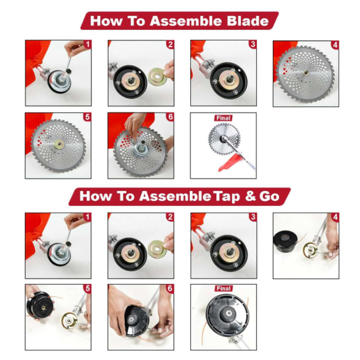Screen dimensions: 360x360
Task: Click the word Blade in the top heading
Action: click(248, 21)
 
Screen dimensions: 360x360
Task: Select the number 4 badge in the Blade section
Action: click(335, 45)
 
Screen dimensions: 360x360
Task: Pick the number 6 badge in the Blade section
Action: click(170, 117)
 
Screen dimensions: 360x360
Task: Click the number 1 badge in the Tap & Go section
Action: click(87, 217)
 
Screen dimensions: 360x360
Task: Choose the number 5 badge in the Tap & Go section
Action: click(87, 289)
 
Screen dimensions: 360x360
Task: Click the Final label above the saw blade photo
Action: click(223, 118)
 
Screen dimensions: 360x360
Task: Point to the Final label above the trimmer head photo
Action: click(223, 288)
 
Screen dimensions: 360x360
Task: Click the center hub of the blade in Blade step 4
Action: click(305, 73)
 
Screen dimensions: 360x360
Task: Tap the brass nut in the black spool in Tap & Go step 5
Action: click(43, 307)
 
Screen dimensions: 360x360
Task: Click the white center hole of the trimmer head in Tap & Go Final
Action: click(228, 313)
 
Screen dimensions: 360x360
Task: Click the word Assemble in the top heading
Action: click(186, 21)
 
